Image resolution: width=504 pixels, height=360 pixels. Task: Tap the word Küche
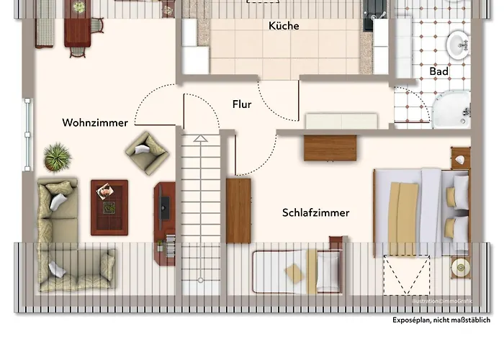(284, 26)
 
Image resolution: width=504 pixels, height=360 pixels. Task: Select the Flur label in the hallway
(242, 104)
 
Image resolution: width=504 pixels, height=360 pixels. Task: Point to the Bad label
(438, 71)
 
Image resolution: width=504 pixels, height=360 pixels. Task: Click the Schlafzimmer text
(316, 213)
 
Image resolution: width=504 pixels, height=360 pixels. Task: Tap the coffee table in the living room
(109, 207)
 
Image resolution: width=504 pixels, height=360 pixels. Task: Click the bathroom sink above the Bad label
(458, 45)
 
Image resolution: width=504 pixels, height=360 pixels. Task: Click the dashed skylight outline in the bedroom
(404, 274)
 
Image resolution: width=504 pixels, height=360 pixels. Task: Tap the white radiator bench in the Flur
(341, 121)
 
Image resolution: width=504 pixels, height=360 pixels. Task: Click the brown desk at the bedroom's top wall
(330, 148)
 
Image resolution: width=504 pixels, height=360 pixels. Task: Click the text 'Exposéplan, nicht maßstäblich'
(441, 321)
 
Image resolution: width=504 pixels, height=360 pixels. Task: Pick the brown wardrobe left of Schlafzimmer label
(238, 210)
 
